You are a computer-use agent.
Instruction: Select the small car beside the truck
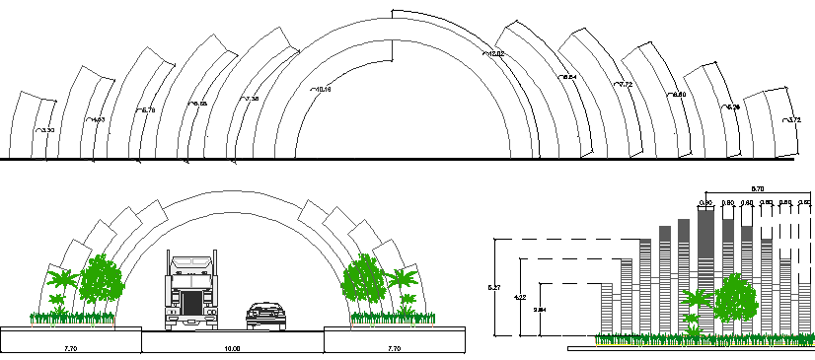point(265,316)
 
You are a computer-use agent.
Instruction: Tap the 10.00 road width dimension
point(233,349)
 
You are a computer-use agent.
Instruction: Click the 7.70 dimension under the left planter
point(71,349)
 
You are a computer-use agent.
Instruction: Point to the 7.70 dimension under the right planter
point(394,349)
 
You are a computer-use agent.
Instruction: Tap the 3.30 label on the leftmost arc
point(45,130)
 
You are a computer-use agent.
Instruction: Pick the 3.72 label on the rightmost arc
point(794,120)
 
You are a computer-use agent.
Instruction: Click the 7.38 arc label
point(251,100)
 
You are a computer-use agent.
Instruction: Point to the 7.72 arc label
point(624,86)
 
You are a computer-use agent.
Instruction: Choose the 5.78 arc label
point(148,110)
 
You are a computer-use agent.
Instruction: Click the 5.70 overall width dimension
point(758,187)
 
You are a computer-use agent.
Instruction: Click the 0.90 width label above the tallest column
point(705,203)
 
